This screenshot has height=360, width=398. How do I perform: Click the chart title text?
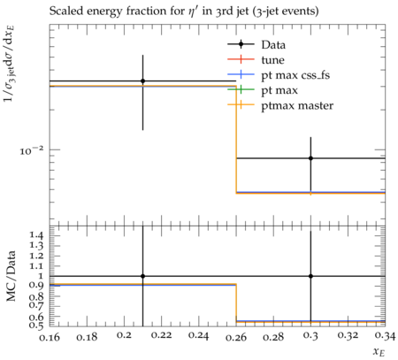[184, 11]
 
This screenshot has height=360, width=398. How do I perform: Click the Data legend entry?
[273, 45]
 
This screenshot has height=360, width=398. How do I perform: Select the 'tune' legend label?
[272, 60]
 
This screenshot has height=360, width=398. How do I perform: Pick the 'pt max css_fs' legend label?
[295, 75]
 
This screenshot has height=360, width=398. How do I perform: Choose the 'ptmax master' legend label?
[297, 106]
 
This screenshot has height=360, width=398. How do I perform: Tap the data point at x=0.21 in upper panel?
[143, 80]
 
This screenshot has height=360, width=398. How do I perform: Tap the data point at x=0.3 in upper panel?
[310, 158]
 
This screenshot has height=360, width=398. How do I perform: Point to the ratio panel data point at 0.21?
[143, 276]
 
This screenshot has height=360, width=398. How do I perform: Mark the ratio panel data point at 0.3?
[310, 276]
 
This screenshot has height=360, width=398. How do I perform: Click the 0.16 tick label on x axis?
[50, 336]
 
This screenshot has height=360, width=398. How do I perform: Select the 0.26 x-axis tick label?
[236, 336]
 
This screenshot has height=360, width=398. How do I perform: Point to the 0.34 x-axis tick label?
[385, 336]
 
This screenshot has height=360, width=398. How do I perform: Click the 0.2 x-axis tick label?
[124, 336]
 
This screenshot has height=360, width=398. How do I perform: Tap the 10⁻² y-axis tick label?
[32, 151]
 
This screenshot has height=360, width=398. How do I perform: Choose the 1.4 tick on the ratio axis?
[36, 235]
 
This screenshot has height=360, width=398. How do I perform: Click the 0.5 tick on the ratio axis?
[36, 326]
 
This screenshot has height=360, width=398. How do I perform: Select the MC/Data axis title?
[11, 276]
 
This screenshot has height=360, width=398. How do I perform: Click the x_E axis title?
[379, 352]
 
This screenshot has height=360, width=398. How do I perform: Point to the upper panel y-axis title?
[10, 64]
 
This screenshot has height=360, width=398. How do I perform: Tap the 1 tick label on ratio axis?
[41, 276]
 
